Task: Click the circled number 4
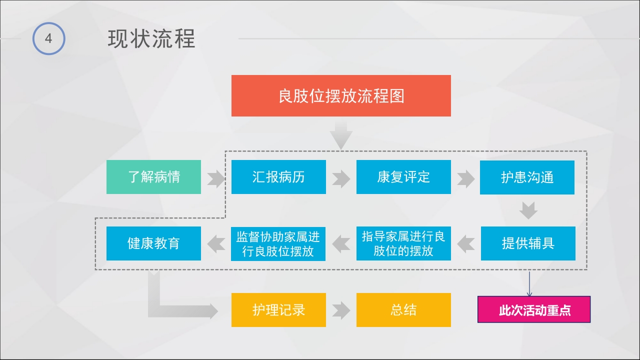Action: [48, 38]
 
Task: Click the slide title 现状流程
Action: [151, 39]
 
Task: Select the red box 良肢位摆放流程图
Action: [341, 95]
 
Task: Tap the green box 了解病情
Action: [153, 177]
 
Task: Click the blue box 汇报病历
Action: [278, 177]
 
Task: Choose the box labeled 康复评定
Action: [403, 177]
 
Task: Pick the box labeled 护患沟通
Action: [527, 177]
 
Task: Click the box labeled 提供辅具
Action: [528, 243]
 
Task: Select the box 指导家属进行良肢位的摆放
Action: [403, 243]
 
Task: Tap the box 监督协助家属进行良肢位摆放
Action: [278, 243]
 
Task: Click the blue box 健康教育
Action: [153, 243]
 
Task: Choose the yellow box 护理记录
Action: [278, 310]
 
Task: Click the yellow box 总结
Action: [403, 310]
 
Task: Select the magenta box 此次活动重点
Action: [534, 310]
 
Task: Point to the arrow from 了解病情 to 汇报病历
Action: [216, 178]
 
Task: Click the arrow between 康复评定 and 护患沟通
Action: [465, 178]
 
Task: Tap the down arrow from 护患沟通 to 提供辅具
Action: [528, 210]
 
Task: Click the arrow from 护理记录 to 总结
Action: [341, 310]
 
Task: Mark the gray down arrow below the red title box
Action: [341, 134]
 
